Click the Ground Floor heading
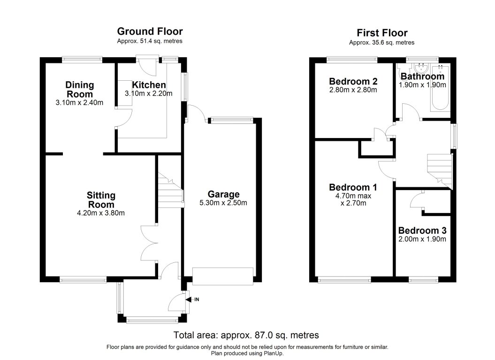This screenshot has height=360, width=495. click(x=150, y=32)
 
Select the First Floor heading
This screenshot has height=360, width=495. click(x=382, y=33)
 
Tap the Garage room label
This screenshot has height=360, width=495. click(x=224, y=194)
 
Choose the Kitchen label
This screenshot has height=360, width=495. click(x=149, y=85)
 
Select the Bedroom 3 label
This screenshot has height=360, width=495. click(x=422, y=230)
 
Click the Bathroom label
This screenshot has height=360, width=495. click(x=422, y=77)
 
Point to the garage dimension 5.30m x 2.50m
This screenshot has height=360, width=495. click(x=223, y=203)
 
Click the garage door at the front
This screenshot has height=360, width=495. click(x=223, y=276)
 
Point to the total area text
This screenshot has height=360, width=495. click(x=246, y=335)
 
